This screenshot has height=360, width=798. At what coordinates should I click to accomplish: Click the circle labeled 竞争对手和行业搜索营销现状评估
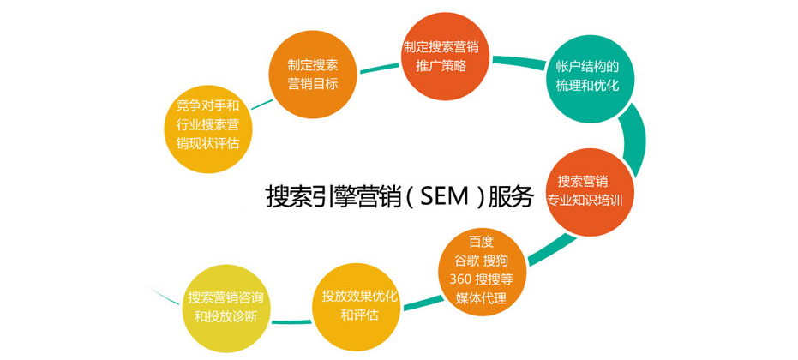point(207,125)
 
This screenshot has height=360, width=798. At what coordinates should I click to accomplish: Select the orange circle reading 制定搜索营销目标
point(313,75)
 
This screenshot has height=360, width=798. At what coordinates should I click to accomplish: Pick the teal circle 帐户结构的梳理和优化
point(588,77)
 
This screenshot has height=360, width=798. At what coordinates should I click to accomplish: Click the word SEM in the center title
point(447,196)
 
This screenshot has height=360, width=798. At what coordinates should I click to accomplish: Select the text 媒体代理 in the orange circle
point(481,298)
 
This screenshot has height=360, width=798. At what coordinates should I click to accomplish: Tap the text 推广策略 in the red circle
point(441,65)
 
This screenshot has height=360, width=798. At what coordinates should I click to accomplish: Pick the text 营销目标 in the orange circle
point(313,84)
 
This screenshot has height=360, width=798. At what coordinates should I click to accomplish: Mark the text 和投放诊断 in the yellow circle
point(225,316)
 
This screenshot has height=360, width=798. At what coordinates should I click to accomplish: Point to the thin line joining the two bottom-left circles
point(291,321)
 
